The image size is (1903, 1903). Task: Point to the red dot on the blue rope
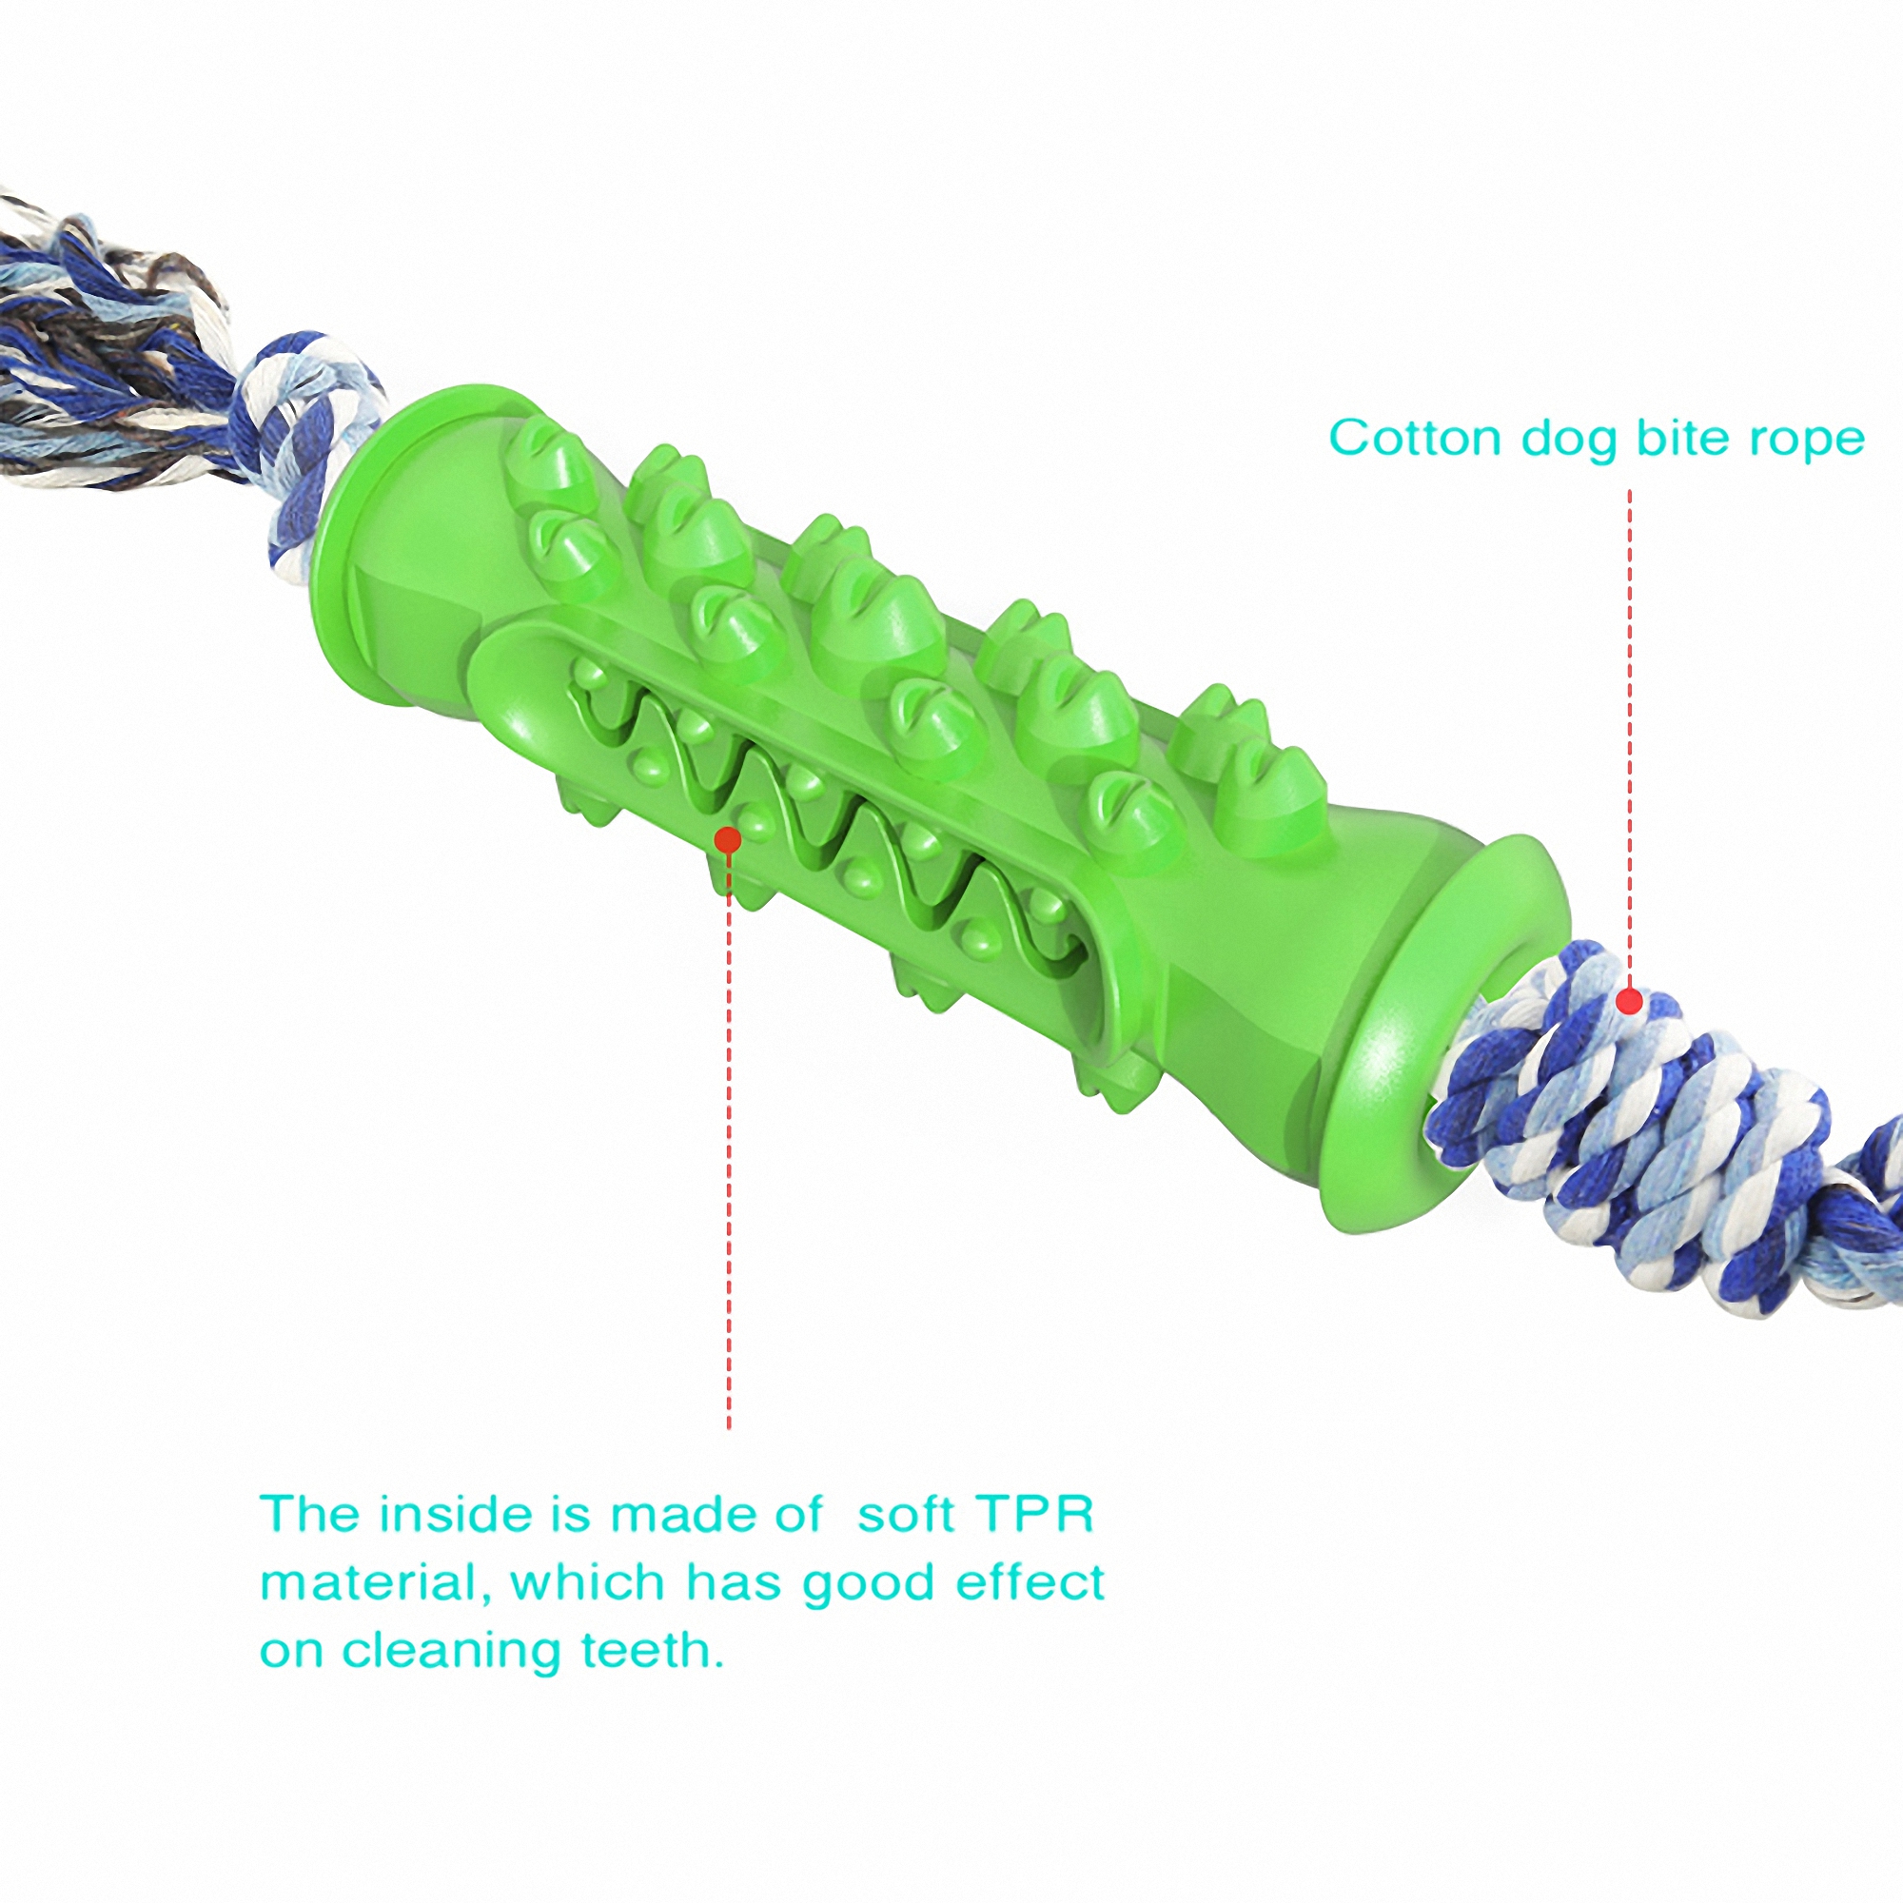(x=1630, y=1003)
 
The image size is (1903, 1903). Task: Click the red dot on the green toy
(x=728, y=839)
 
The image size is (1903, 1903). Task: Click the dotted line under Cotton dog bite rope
(x=1630, y=738)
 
